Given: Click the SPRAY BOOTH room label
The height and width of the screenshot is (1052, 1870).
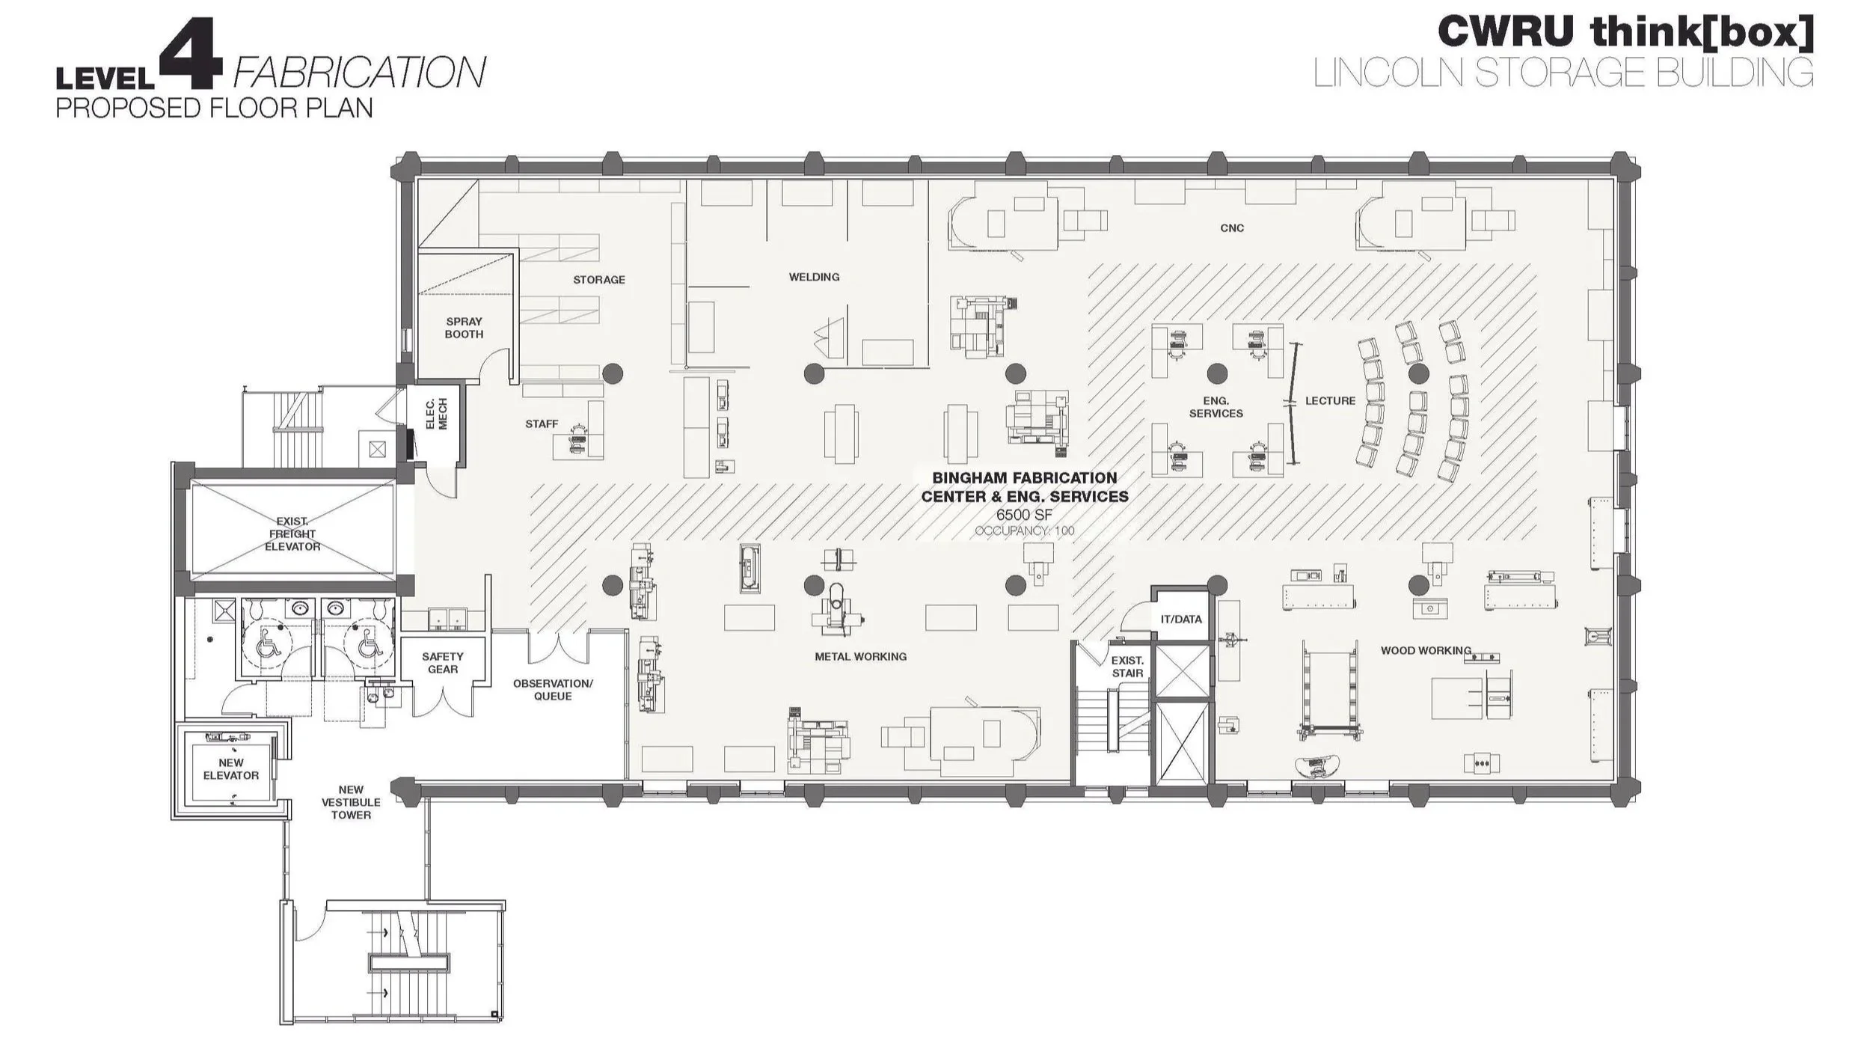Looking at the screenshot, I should click(x=464, y=328).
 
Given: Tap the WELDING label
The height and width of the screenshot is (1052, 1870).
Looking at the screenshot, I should click(x=814, y=277).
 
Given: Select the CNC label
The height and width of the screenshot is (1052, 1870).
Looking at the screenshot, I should click(x=1231, y=227).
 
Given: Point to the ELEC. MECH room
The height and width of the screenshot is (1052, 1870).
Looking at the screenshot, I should click(x=436, y=414).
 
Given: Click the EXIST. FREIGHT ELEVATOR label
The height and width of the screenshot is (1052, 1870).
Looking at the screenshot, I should click(x=292, y=533).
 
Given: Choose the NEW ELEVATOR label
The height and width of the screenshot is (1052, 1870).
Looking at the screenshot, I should click(x=231, y=768).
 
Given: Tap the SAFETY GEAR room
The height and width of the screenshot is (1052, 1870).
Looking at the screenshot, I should click(x=442, y=662).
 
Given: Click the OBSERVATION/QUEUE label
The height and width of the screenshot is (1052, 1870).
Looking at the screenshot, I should click(x=552, y=689).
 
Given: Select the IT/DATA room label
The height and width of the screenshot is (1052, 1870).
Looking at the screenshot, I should click(x=1180, y=619).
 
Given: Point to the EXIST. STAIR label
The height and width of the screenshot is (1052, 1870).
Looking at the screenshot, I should click(x=1126, y=666).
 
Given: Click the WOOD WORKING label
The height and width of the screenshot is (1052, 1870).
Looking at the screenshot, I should click(x=1425, y=650).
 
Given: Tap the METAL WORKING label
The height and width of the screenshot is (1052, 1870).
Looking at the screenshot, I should click(x=860, y=656).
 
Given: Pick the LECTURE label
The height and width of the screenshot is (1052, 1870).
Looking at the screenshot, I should click(x=1330, y=400).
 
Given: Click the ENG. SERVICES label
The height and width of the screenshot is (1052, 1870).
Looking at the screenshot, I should click(x=1215, y=407).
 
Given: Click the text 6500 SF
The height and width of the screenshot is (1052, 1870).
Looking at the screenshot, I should click(x=1023, y=515).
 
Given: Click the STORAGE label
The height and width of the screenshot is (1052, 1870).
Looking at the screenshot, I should click(x=598, y=279).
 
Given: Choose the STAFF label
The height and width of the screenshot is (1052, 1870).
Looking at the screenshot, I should click(x=542, y=423).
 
